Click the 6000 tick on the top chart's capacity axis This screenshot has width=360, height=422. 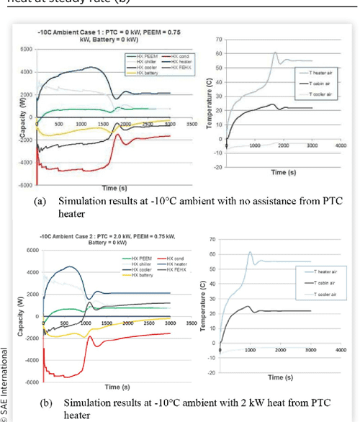pyautogui.click(x=24, y=49)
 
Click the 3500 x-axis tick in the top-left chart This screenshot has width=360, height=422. pyautogui.click(x=192, y=123)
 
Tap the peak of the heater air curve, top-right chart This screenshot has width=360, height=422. pyautogui.click(x=275, y=52)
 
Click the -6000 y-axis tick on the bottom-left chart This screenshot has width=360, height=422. pyautogui.click(x=23, y=382)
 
